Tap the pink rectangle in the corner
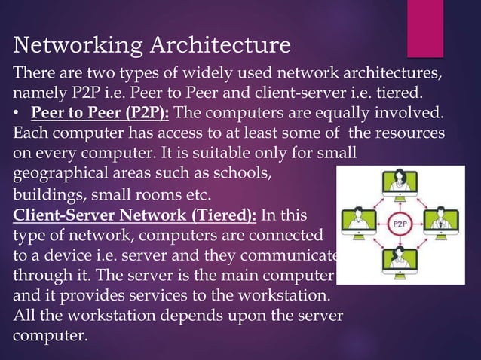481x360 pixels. [x=425, y=29]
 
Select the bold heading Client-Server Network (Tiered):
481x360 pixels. [x=135, y=212]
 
